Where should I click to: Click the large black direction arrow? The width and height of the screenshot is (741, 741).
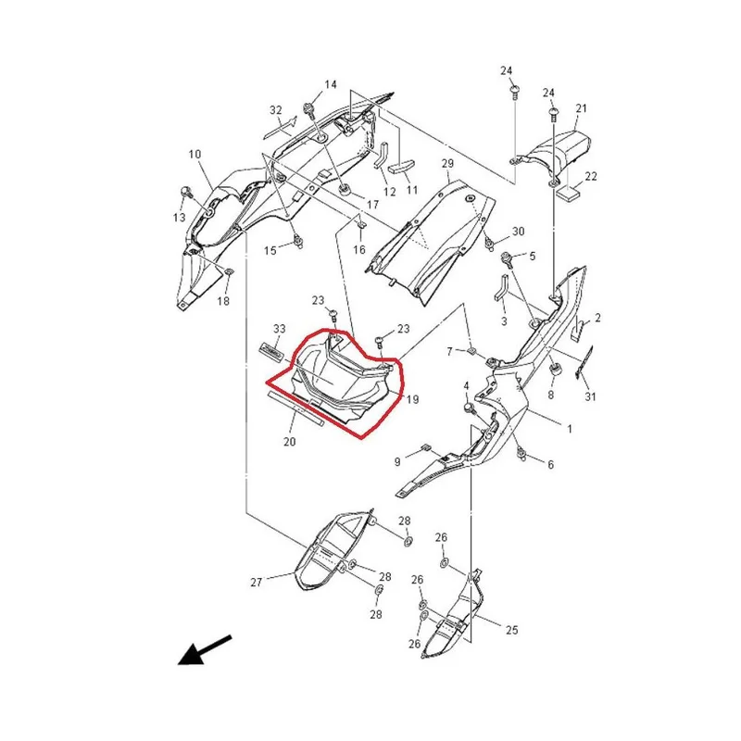(x=204, y=650)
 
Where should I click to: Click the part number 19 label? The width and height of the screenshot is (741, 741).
(x=412, y=399)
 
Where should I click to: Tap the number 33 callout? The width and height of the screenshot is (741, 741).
(x=280, y=329)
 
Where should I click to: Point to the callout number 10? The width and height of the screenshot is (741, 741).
(x=195, y=154)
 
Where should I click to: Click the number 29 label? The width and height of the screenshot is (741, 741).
(x=447, y=164)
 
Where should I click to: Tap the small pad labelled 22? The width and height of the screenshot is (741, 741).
(x=569, y=193)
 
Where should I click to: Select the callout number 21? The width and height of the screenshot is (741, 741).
(x=581, y=108)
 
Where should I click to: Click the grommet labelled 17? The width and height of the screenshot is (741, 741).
(x=345, y=191)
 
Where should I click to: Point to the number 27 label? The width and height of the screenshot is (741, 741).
(x=257, y=583)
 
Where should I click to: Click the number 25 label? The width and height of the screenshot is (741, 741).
(x=512, y=630)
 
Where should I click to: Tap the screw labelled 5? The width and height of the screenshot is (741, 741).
(x=507, y=259)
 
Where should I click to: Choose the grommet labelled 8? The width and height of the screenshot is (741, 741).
(x=555, y=370)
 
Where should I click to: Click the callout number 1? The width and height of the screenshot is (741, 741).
(x=570, y=429)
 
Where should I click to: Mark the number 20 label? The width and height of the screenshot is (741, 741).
(x=289, y=442)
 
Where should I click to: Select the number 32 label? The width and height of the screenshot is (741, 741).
(x=276, y=110)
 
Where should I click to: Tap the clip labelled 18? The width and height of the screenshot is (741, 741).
(x=229, y=271)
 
